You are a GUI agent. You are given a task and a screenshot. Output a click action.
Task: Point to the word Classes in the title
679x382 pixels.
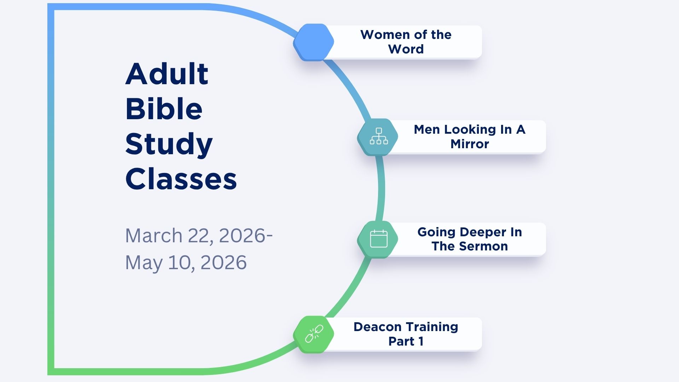[181, 179]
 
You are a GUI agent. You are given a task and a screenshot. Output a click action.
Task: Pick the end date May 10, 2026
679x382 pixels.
[186, 263]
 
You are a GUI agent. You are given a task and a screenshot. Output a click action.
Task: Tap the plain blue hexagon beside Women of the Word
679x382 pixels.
[314, 42]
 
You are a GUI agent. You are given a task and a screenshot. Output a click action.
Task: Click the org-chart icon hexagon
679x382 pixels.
[378, 137]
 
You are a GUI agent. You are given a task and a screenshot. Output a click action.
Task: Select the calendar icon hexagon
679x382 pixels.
[378, 239]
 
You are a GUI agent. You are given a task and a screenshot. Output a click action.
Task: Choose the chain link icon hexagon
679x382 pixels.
[314, 334]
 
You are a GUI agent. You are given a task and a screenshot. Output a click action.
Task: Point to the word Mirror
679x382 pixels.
[470, 144]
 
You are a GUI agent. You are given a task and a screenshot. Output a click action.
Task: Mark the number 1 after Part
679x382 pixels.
[421, 341]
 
